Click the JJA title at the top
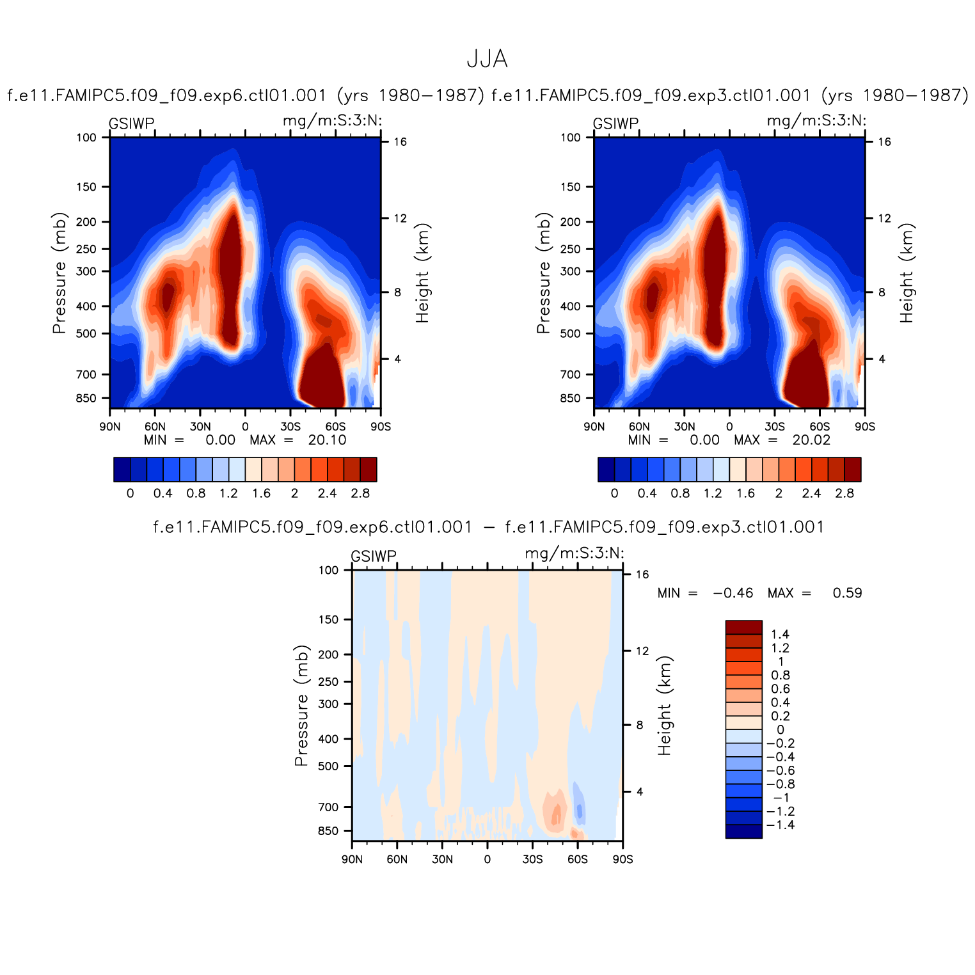click(487, 59)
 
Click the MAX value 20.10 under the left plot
click(327, 440)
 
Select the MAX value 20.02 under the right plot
click(811, 440)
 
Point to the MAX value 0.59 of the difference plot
click(847, 593)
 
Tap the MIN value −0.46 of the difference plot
click(733, 593)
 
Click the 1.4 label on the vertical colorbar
click(780, 634)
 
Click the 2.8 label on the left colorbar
click(360, 493)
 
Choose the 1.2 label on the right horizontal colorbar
click(713, 493)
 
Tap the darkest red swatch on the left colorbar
click(369, 469)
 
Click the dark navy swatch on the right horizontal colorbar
click(606, 469)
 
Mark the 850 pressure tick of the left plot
click(86, 398)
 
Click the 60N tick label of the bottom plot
click(397, 859)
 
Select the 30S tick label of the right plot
click(774, 427)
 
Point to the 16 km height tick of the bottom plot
click(642, 575)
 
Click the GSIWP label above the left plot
click(131, 123)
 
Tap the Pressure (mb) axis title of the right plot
click(543, 273)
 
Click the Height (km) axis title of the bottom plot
click(665, 706)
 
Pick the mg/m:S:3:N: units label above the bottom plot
click(574, 553)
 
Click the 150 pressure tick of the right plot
click(570, 187)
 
